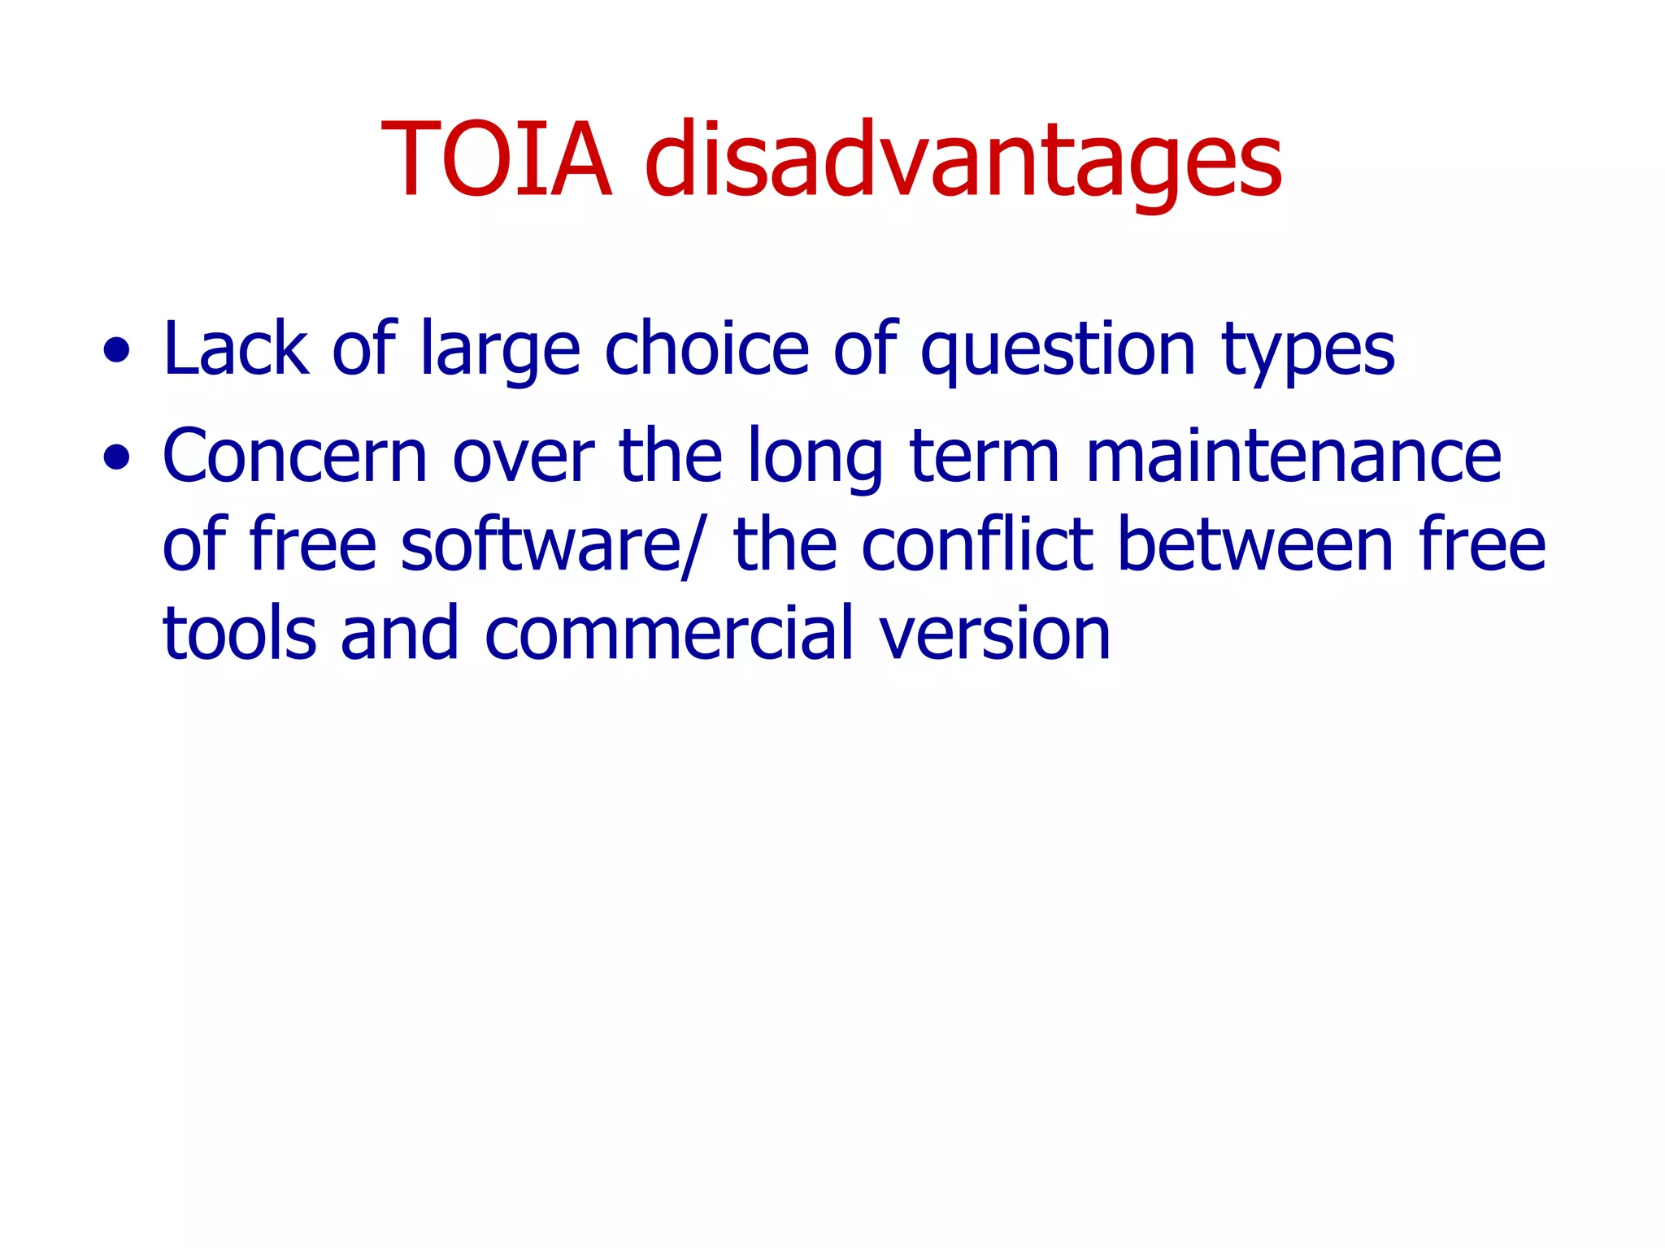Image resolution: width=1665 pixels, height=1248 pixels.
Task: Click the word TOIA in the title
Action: (x=496, y=160)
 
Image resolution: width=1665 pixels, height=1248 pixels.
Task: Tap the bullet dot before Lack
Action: (x=116, y=351)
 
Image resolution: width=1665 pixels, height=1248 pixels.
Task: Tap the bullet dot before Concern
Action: (x=116, y=457)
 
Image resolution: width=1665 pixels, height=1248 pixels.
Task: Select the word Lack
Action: (x=236, y=349)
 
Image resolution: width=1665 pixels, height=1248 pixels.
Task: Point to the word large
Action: (x=500, y=351)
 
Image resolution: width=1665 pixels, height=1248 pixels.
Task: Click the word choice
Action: (x=706, y=349)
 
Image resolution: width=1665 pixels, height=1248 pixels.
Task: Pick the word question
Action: (x=1058, y=351)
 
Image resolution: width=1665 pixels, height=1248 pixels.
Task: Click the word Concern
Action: (x=294, y=457)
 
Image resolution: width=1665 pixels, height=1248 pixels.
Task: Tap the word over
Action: (x=523, y=457)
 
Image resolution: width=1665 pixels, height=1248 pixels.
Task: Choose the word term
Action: (x=985, y=457)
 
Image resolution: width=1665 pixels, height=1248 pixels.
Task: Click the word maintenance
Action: (x=1293, y=457)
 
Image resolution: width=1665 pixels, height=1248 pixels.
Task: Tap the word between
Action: (x=1256, y=545)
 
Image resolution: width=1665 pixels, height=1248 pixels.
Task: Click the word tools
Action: (x=239, y=634)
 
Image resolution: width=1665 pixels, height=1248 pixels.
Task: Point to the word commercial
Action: (x=669, y=634)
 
